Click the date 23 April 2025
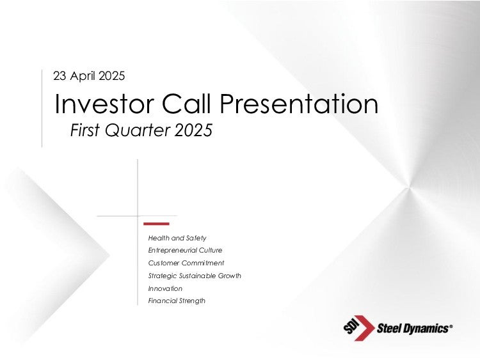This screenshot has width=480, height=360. click(x=89, y=76)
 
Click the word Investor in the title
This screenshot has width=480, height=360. click(x=104, y=104)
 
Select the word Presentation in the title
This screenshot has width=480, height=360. click(x=299, y=104)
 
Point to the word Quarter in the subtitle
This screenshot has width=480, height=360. click(x=137, y=130)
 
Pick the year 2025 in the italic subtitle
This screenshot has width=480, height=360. click(x=193, y=130)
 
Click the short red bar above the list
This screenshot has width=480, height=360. click(x=156, y=224)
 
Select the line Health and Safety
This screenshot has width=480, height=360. click(x=177, y=238)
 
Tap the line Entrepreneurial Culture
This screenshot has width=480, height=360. click(x=185, y=250)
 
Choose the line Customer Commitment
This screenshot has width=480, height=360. click(x=186, y=263)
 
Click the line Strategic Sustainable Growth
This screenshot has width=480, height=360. click(x=195, y=276)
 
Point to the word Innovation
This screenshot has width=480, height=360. click(x=165, y=288)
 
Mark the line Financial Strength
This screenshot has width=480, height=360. click(x=177, y=301)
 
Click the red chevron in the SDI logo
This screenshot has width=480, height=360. click(x=364, y=328)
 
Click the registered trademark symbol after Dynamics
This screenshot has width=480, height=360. click(x=451, y=327)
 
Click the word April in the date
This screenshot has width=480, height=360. click(x=83, y=76)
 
